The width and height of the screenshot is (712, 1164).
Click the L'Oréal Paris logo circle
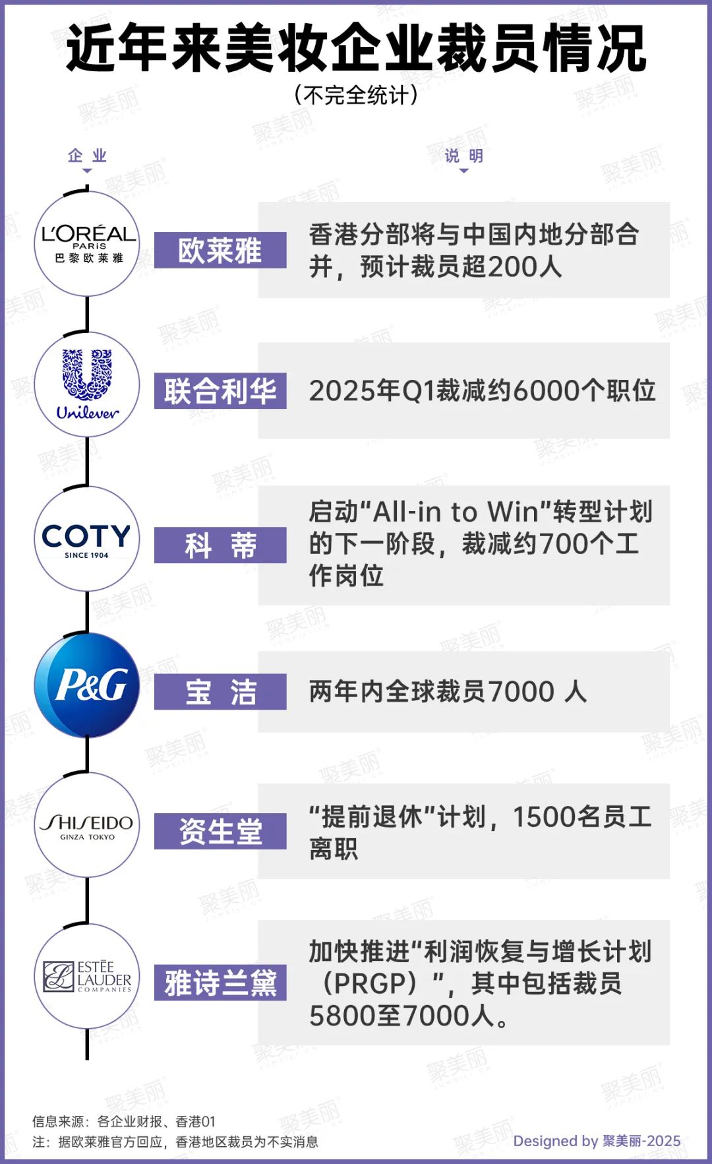[87, 244]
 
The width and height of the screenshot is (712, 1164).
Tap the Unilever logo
[87, 384]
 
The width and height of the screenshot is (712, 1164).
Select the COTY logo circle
[87, 539]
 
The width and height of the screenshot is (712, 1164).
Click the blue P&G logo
[87, 685]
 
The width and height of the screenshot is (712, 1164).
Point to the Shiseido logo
[87, 825]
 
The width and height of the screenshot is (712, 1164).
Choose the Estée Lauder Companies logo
[87, 976]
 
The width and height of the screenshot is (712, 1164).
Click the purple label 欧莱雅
[220, 251]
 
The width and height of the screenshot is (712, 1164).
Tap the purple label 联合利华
[220, 391]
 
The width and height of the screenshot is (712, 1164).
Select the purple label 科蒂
[220, 545]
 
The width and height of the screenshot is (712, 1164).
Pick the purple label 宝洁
[220, 692]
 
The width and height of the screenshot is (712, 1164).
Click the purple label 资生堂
[220, 832]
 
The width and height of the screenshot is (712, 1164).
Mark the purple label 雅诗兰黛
[220, 983]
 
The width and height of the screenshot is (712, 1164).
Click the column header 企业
[87, 156]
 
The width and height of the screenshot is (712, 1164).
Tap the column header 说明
[464, 156]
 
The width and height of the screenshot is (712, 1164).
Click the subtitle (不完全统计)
[356, 95]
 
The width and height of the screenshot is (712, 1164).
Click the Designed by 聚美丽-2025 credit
[597, 1141]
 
